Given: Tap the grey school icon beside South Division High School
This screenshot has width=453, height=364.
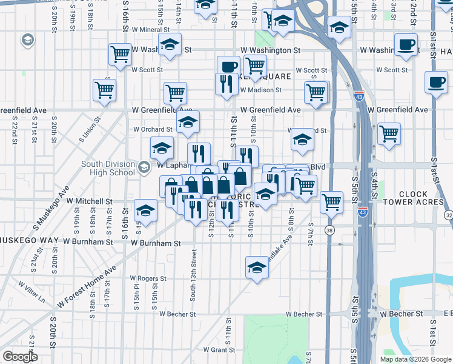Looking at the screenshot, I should point(144,167).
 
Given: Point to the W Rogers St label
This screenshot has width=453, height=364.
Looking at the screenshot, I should point(147,278).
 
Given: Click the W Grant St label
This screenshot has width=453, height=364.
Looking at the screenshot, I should point(219,350).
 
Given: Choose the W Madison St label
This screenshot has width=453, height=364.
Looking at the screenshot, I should point(261,90).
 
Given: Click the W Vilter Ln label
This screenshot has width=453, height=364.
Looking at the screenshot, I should point(31,291).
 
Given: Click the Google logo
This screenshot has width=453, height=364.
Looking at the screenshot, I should point(20,357).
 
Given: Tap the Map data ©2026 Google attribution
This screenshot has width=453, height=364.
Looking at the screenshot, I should point(415,359).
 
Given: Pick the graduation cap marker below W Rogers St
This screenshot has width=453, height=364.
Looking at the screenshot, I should point(257,267).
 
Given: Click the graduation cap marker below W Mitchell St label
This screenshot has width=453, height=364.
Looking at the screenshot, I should point(145,210).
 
